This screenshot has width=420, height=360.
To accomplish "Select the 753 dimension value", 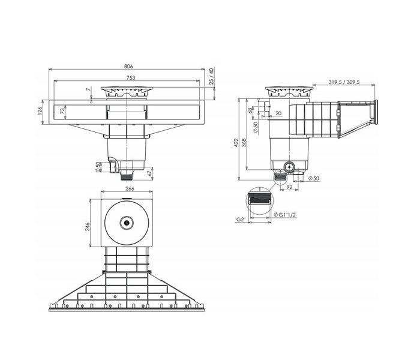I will (x=130, y=78).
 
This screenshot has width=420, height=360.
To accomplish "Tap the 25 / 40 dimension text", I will (x=211, y=77).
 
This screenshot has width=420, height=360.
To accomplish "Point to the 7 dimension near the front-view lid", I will (x=88, y=91).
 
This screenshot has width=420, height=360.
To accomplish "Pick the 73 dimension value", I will (x=62, y=111).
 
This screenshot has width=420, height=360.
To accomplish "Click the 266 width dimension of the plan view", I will (x=128, y=188).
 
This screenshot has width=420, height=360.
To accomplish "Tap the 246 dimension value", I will (x=88, y=226).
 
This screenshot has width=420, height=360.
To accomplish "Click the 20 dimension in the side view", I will (x=278, y=113).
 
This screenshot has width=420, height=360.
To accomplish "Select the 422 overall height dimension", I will (x=236, y=142).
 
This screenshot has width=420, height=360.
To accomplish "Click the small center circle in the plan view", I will (x=127, y=223).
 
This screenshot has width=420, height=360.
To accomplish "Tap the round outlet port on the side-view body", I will (x=289, y=167).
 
